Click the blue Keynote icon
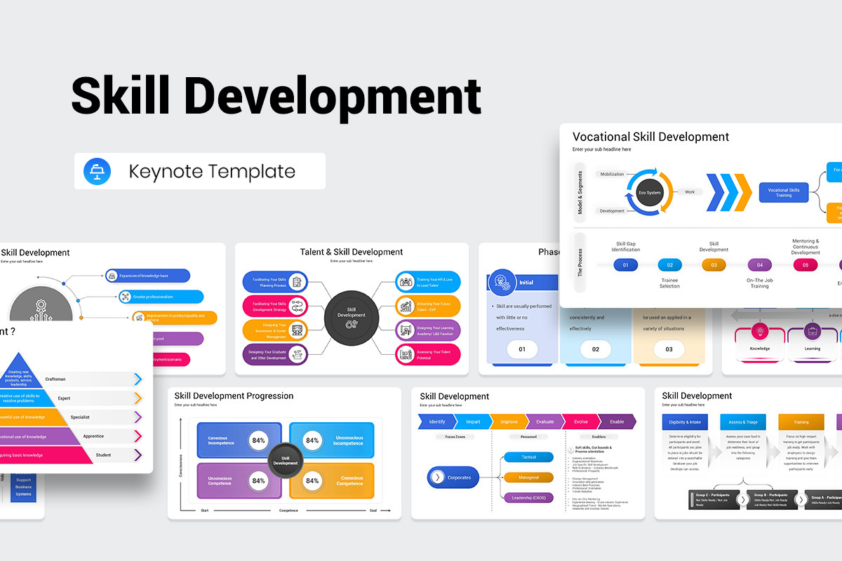tap(97, 172)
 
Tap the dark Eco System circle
tap(649, 191)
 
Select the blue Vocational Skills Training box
tap(783, 192)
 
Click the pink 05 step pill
tap(805, 265)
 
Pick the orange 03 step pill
tap(714, 265)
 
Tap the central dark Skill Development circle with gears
tap(352, 318)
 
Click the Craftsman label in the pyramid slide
tap(55, 379)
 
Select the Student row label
tap(103, 455)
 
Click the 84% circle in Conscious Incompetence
tap(259, 440)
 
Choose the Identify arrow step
tap(436, 421)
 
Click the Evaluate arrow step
tap(544, 421)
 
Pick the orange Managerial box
tap(528, 478)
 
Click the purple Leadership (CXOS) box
tap(528, 498)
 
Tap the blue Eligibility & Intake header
tap(684, 422)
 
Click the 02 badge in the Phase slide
tap(596, 349)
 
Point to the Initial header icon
tap(502, 283)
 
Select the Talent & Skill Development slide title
tap(352, 252)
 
